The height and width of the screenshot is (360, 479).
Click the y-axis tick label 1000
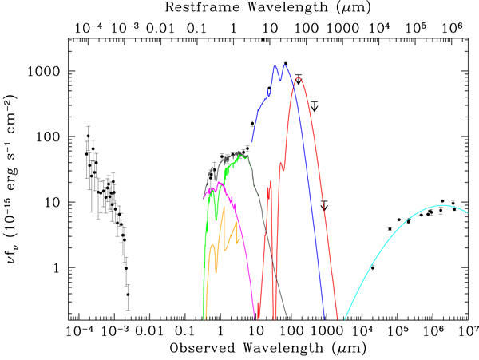click(46, 71)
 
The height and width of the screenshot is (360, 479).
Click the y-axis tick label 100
click(49, 136)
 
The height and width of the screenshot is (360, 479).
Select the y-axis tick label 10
click(53, 202)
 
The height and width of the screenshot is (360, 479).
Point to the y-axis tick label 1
click(56, 268)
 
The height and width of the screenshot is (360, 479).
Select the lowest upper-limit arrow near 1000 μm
click(324, 206)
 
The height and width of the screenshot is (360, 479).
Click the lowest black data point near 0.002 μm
click(128, 295)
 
